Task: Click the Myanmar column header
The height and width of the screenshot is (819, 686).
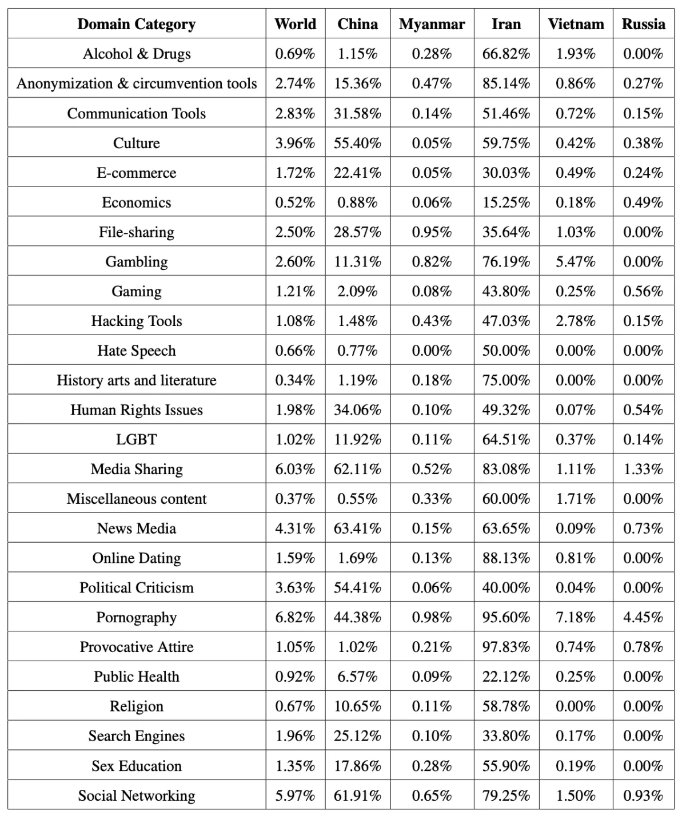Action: point(432,24)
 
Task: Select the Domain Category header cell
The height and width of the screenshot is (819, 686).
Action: point(137,24)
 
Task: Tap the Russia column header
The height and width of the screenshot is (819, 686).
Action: point(643,24)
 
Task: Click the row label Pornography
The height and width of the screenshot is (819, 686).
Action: point(137,617)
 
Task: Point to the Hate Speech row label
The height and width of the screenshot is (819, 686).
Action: point(137,351)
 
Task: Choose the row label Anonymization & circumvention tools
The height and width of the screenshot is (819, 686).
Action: point(137,84)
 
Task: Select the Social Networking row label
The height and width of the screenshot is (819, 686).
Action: point(137,796)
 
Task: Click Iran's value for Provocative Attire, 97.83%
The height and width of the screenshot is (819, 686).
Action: point(506,647)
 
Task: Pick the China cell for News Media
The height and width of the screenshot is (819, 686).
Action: point(357,528)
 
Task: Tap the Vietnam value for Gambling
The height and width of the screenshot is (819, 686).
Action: point(576,262)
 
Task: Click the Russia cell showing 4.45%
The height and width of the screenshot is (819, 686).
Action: point(643,617)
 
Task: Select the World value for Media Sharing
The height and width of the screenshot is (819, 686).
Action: point(295,469)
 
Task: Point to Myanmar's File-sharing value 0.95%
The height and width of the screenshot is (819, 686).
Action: point(432,232)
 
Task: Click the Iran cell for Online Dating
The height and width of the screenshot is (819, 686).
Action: point(506,558)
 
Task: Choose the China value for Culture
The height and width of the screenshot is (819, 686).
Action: point(357,143)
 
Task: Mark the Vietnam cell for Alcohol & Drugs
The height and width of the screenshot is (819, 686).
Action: point(576,54)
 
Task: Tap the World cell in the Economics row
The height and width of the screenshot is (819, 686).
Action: point(295,202)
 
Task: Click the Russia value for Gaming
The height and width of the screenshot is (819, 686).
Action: point(643,291)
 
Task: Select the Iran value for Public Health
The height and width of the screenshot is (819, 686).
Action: point(506,677)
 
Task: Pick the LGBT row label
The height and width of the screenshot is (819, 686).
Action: point(137,439)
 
